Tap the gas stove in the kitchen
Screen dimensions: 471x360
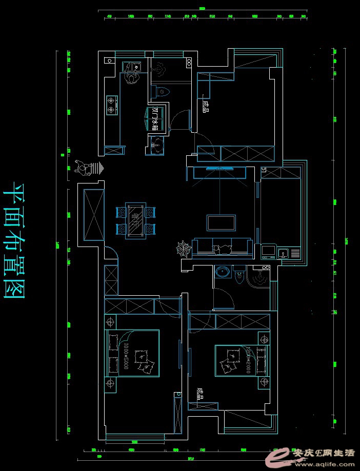tap(111, 105)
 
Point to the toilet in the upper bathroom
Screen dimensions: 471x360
tap(162, 92)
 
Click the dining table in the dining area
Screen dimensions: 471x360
tap(136, 220)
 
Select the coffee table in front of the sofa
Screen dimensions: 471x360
tap(222, 222)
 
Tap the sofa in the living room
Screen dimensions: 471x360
tap(223, 247)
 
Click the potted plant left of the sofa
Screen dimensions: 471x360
tap(183, 250)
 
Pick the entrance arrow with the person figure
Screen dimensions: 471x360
tap(90, 168)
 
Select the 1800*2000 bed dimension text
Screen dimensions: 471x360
tap(125, 354)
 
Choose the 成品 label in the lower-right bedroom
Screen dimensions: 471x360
tap(200, 394)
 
